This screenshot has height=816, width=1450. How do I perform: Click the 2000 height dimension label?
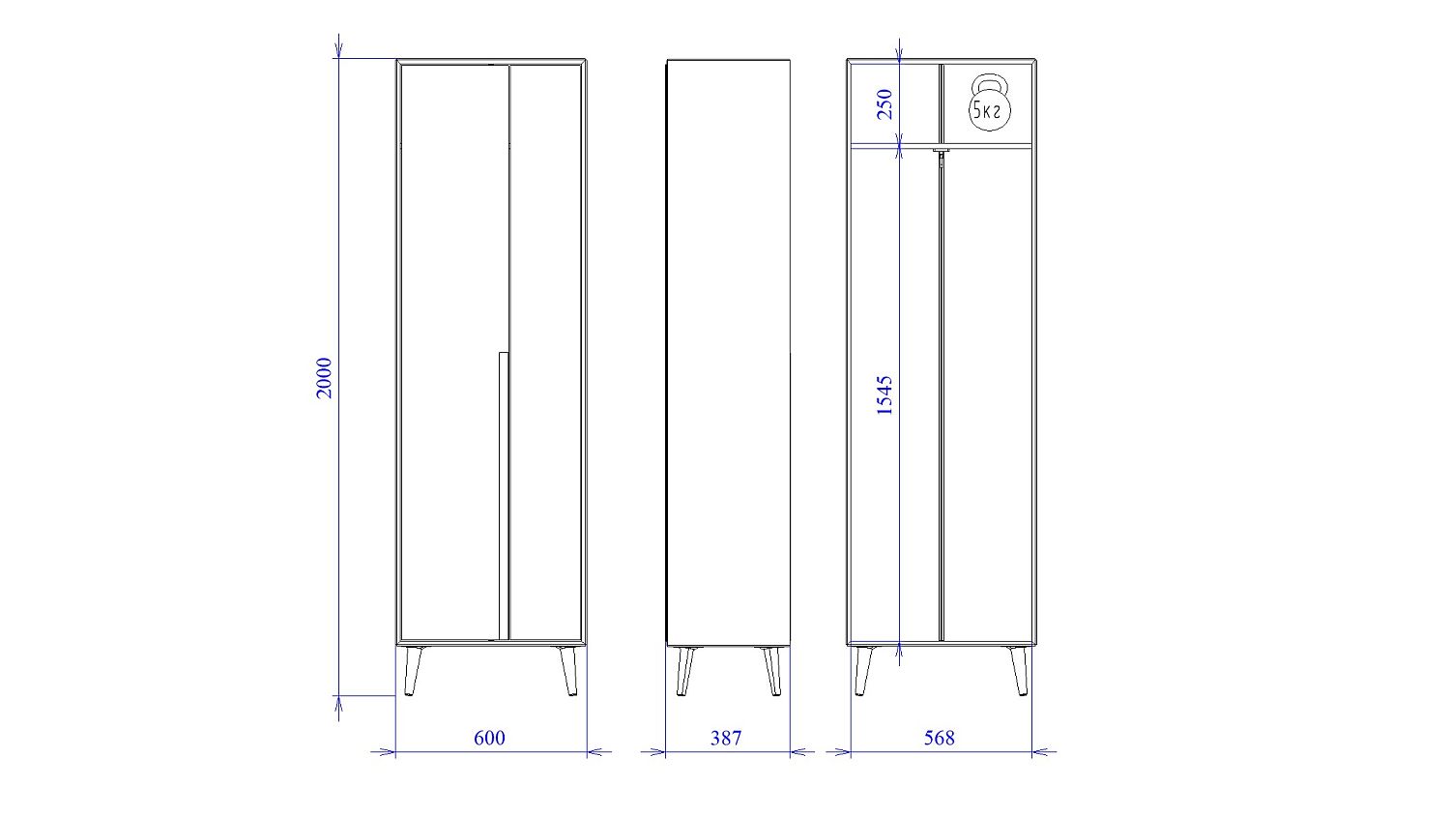(x=324, y=378)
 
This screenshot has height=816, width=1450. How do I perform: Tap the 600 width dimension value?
(x=489, y=738)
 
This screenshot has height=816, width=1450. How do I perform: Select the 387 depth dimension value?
(x=726, y=738)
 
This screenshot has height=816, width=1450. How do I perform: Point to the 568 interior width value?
(x=940, y=738)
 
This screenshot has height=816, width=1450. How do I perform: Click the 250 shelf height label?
(x=884, y=104)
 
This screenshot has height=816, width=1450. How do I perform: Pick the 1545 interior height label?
(x=884, y=394)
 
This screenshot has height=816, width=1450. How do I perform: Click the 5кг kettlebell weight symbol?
(x=989, y=102)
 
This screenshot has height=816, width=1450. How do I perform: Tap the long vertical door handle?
(x=503, y=495)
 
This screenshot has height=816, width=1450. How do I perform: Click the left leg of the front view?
(x=413, y=671)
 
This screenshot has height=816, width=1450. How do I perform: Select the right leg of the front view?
(x=569, y=671)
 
